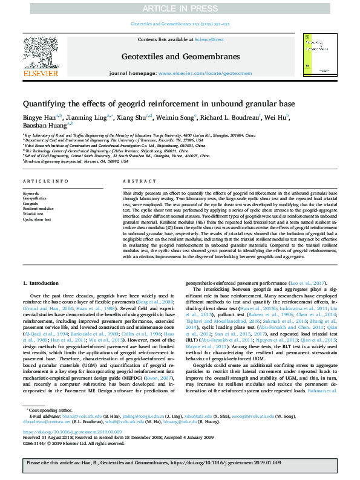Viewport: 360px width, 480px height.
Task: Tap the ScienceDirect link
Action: pos(209,39)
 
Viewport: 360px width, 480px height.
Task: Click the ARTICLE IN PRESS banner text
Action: pos(180,8)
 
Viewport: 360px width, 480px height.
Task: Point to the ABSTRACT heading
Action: pos(135,181)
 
